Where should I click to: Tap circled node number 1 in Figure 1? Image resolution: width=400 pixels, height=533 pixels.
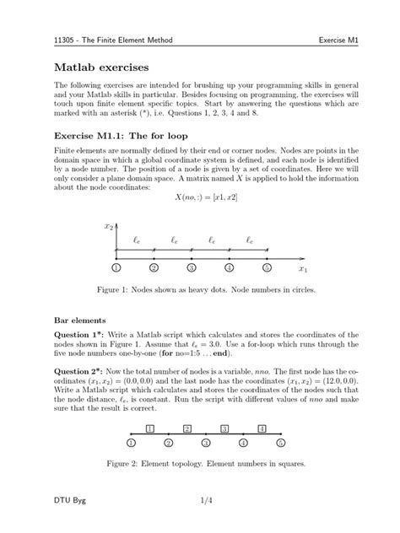coord(116,268)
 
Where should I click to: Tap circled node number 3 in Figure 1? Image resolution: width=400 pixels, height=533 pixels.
coord(192,268)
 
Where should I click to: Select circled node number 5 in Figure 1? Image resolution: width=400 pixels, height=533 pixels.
coord(267,268)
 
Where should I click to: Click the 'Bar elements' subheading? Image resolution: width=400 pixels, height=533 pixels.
coord(80,320)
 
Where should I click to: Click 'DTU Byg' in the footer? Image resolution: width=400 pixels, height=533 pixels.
coord(70,502)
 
